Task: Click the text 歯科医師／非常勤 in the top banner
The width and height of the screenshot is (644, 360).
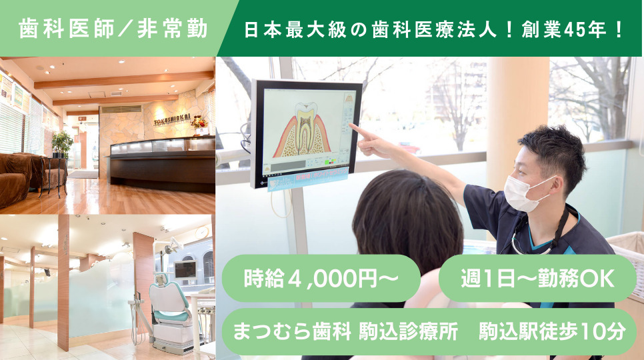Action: click(113, 29)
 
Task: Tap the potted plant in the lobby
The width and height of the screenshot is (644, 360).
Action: click(62, 143)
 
